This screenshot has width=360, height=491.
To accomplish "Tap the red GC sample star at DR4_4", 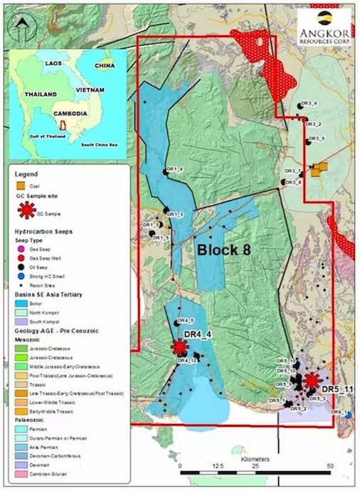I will [x=179, y=347].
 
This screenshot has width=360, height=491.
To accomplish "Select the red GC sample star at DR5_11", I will [x=311, y=381].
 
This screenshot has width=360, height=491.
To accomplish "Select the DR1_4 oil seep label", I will [x=174, y=169].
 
